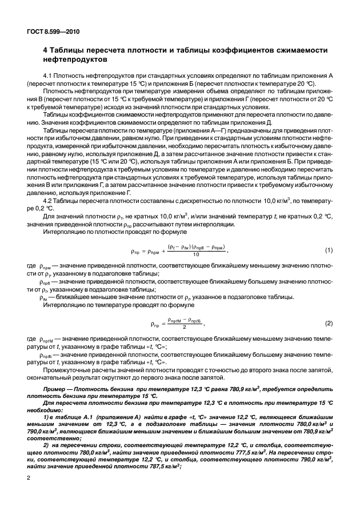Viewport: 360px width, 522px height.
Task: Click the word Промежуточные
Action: point(67,369)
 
